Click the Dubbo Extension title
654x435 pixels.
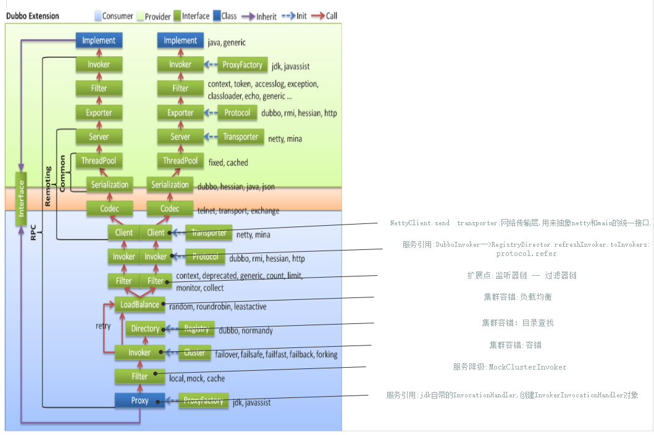33,16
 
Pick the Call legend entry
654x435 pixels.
322,16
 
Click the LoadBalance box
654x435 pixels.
140,304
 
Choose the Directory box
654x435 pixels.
145,329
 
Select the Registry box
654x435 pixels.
196,329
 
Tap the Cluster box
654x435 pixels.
195,353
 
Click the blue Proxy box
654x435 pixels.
140,400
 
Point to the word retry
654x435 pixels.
103,325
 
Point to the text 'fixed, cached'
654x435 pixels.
228,163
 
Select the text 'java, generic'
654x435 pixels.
227,43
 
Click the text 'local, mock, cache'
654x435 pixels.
197,378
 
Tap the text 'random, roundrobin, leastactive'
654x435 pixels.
218,306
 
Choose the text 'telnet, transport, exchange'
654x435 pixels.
238,211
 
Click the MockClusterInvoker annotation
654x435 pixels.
509,367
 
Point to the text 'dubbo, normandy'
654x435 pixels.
246,331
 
